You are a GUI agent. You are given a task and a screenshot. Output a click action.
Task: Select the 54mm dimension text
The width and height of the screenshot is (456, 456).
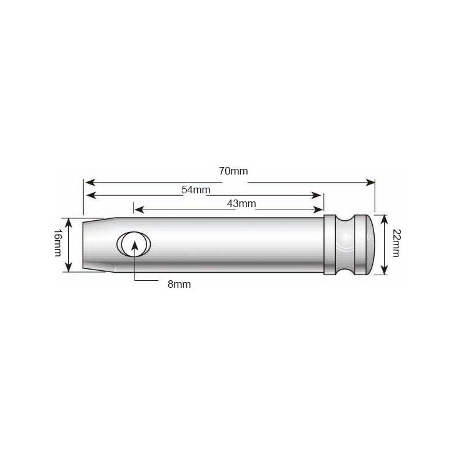[196, 190]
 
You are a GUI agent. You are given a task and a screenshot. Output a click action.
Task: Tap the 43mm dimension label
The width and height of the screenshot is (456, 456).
[241, 203]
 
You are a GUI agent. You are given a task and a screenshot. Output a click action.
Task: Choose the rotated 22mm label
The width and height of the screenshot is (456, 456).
[396, 244]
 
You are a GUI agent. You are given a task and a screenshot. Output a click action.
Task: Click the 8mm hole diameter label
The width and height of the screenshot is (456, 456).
[179, 284]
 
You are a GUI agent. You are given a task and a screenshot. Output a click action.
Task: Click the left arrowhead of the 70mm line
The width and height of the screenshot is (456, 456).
[89, 182]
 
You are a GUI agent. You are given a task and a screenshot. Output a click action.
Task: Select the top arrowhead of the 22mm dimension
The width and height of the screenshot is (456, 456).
[384, 216]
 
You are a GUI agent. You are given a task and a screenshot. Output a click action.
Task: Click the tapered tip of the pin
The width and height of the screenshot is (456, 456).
[94, 244]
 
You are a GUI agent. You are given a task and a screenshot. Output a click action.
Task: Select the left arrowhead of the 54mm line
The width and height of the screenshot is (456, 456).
[90, 196]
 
